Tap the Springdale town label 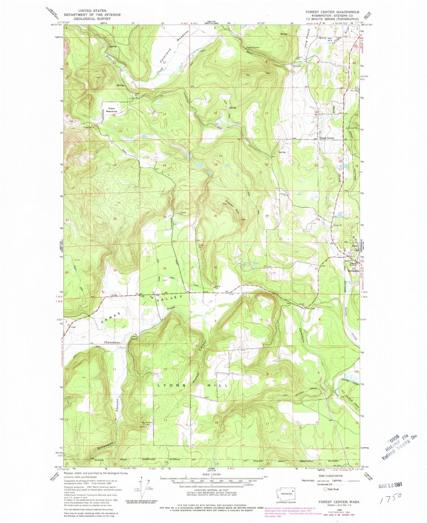(353, 271)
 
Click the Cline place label (354, 246)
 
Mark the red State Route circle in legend (326, 489)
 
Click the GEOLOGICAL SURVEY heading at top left (92, 19)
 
